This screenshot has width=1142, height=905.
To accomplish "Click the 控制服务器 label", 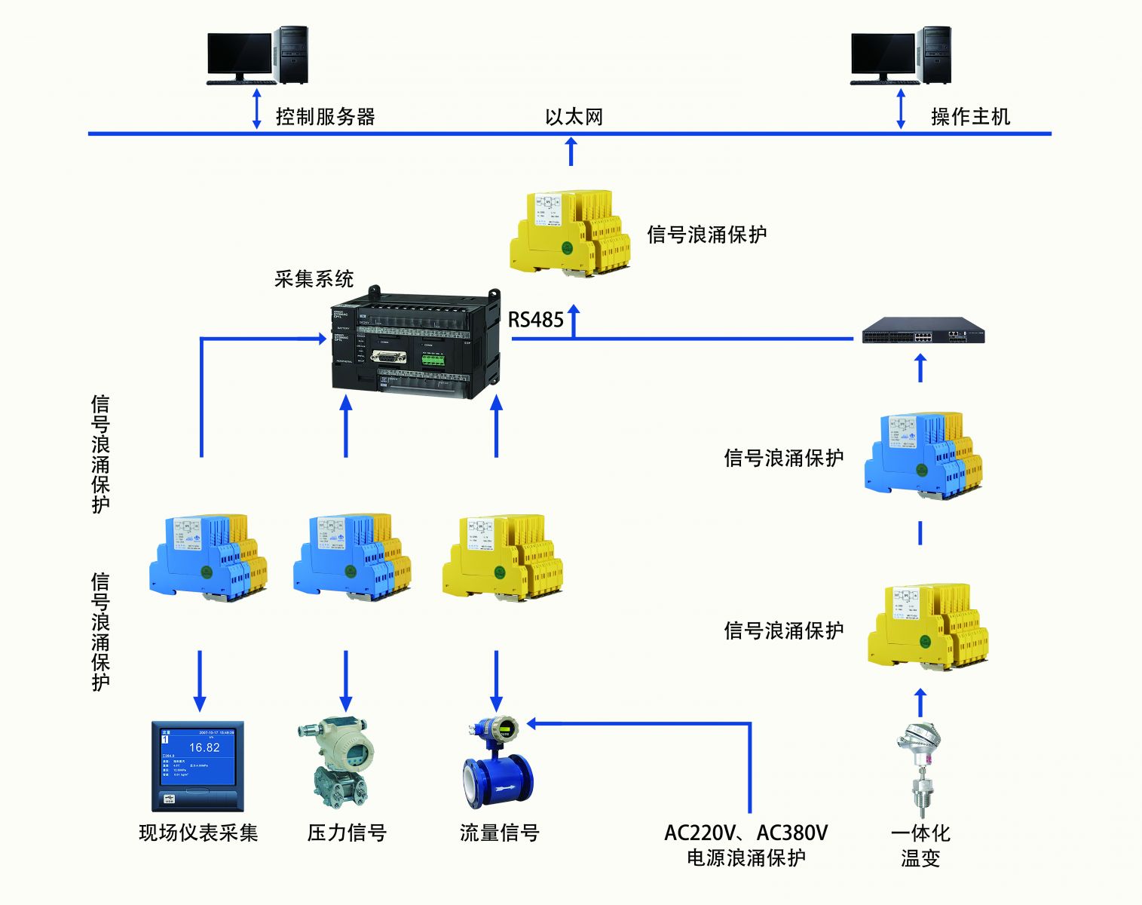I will (325, 117).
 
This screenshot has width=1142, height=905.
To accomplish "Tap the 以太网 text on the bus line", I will (574, 117).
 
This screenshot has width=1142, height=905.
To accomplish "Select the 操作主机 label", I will (970, 117).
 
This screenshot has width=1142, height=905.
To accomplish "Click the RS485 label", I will (536, 320).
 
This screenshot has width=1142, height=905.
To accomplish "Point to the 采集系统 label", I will (314, 279).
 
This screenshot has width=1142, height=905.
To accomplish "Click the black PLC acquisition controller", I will (415, 343).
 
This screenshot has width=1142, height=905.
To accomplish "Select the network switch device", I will (923, 330).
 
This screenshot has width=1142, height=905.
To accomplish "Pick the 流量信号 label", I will (499, 833).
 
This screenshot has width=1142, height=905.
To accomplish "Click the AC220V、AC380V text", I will (746, 833).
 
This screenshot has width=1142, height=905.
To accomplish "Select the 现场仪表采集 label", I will (198, 833).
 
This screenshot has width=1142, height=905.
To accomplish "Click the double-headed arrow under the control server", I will (256, 109).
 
